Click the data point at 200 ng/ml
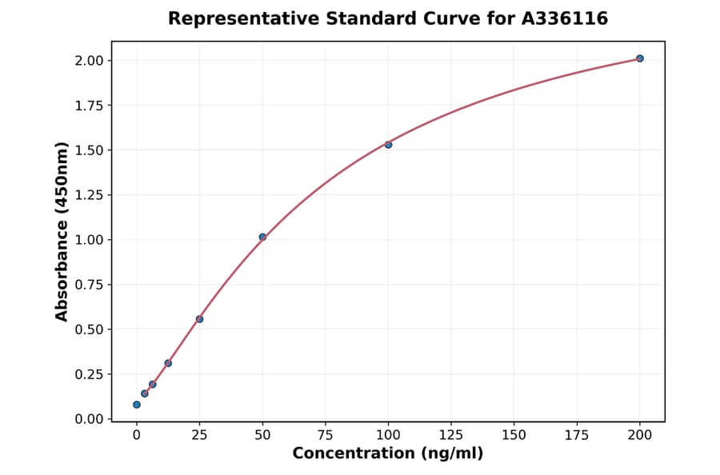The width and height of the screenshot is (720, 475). click(640, 58)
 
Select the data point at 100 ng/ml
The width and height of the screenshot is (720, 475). click(388, 145)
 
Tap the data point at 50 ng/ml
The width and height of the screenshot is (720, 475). click(262, 237)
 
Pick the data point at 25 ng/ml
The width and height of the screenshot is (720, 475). click(199, 319)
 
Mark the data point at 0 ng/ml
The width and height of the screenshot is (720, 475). click(137, 405)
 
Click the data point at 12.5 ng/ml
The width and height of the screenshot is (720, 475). click(168, 363)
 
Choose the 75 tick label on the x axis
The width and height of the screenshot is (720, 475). click(326, 435)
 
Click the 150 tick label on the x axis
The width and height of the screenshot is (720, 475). click(514, 435)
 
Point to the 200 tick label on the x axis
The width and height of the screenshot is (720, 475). click(640, 435)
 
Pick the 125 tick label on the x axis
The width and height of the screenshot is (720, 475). click(451, 435)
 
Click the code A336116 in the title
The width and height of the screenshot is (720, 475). click(565, 18)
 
